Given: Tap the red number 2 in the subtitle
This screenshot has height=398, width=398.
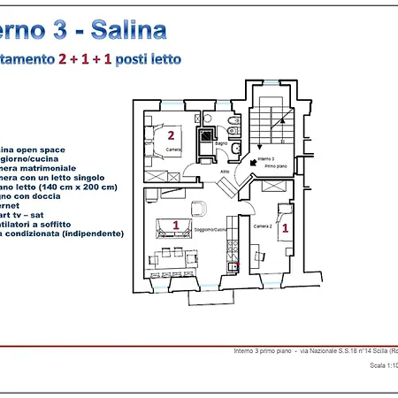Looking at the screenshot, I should click(x=63, y=59).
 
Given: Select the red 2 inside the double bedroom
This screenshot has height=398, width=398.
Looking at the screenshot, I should click(x=171, y=135).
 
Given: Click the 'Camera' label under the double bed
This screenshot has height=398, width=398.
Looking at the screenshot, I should click(x=174, y=150).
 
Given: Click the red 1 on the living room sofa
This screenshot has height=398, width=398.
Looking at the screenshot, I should click(x=175, y=226).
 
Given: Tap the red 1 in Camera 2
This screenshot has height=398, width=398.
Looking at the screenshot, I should click(x=284, y=227).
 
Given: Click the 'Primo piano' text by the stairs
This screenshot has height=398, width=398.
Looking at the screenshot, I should click(x=268, y=165).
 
